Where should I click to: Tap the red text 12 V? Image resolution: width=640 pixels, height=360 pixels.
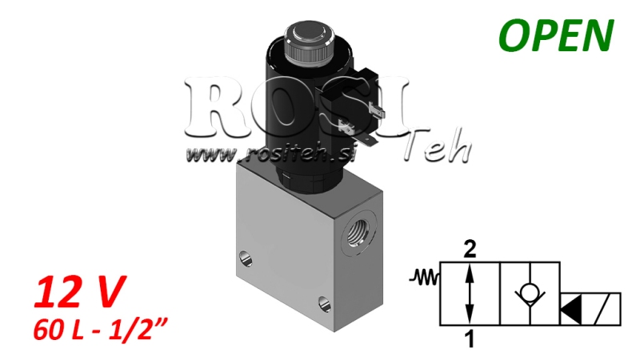pos(78,294)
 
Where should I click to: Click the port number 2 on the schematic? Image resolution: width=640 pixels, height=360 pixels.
pos(470,250)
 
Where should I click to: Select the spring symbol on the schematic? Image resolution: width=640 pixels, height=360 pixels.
pos(424,279)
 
